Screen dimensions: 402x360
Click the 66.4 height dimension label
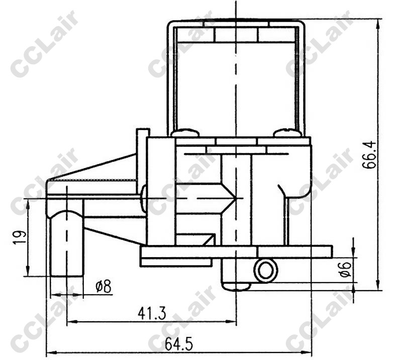click(x=369, y=155)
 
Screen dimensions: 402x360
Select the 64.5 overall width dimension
click(x=178, y=344)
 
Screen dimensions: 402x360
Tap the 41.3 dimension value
click(x=152, y=313)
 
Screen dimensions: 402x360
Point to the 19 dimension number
click(x=19, y=237)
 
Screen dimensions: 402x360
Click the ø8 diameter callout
click(x=104, y=286)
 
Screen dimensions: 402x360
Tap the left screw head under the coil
click(x=185, y=133)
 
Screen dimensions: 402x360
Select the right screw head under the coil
click(x=287, y=133)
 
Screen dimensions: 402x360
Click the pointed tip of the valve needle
click(x=235, y=198)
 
